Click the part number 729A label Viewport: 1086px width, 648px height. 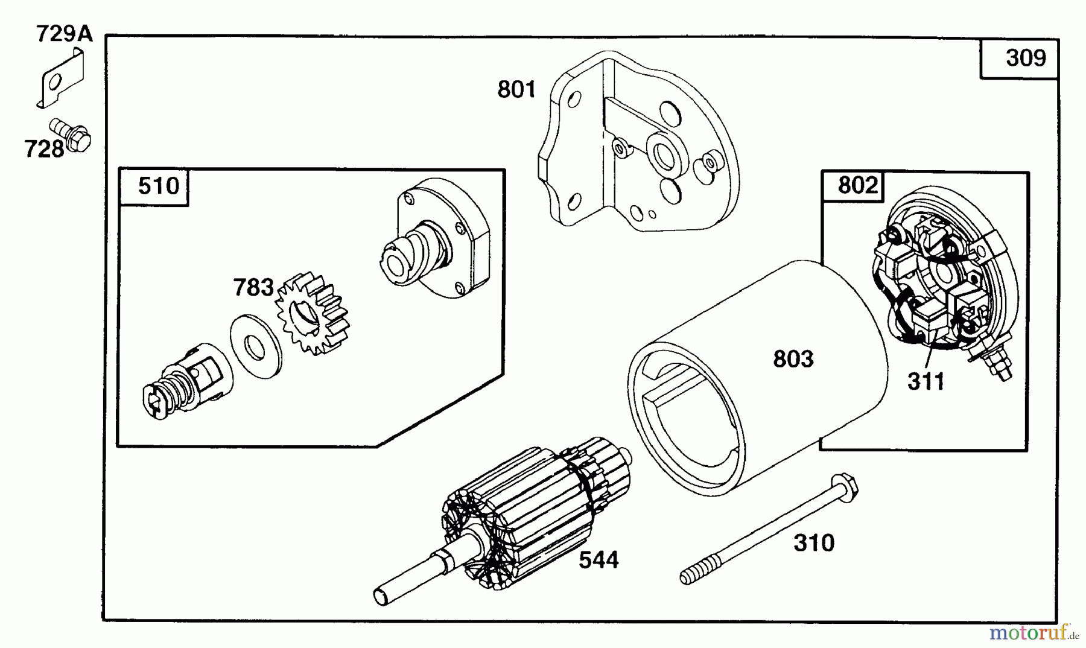coord(65,33)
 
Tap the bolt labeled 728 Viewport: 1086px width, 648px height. coord(70,135)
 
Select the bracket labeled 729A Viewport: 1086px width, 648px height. coord(62,79)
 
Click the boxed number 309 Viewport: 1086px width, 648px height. coord(1026,58)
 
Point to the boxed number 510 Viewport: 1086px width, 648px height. coord(159,186)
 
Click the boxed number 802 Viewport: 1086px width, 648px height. coord(857,185)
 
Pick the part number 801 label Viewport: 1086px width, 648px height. coord(516,89)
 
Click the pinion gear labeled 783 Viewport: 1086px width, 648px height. coord(313,314)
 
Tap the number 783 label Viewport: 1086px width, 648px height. coord(253,287)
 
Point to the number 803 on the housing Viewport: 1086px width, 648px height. coord(793,359)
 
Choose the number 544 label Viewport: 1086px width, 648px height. coord(599,560)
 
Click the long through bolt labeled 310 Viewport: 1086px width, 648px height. coord(769,529)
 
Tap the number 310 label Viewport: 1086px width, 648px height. coord(814,543)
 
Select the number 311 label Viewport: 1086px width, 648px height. coord(926,382)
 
